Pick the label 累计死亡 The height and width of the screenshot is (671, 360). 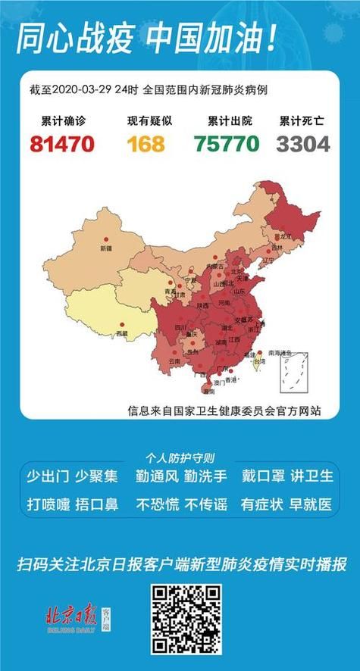(x=302, y=120)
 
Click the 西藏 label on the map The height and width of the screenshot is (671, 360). (x=121, y=333)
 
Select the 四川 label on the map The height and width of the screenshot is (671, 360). (x=180, y=327)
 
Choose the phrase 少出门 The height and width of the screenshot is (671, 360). (x=48, y=476)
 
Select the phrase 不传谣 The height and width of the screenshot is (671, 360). (x=205, y=504)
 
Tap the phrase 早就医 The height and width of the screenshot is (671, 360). (x=310, y=504)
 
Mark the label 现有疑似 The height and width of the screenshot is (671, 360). (x=146, y=120)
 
